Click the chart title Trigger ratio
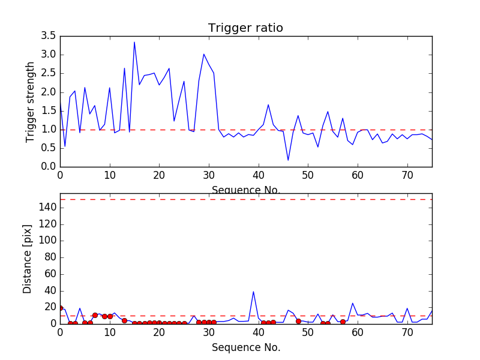coord(245,28)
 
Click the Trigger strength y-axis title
coord(31,101)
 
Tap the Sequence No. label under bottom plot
coord(246,347)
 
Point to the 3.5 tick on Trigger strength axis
coord(49,36)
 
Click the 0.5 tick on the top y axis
coord(49,148)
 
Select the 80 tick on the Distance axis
coord(49,257)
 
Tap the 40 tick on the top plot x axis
coord(259,175)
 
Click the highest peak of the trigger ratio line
coord(134,42)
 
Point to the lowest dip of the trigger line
coord(288,160)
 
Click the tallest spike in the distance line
coord(253,292)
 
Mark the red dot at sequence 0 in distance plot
coord(60,308)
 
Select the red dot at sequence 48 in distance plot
coord(298,321)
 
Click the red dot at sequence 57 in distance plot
coord(343,322)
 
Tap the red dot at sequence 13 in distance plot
coord(124,320)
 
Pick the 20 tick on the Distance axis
coord(49,307)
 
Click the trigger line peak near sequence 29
coord(204,54)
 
